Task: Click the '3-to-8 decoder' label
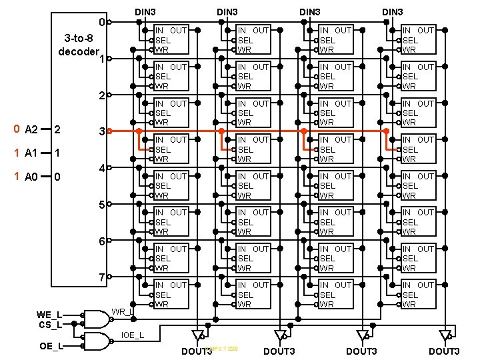click(x=79, y=44)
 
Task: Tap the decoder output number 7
click(x=101, y=277)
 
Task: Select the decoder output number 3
click(x=101, y=131)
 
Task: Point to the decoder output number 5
click(x=101, y=204)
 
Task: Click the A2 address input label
click(x=31, y=129)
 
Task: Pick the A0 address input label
click(x=31, y=177)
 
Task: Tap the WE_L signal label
click(x=49, y=314)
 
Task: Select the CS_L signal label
click(x=49, y=324)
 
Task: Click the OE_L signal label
click(x=51, y=346)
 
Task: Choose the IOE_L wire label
click(x=131, y=334)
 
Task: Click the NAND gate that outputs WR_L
click(x=95, y=319)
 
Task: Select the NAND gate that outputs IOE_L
click(x=95, y=341)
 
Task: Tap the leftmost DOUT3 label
click(x=197, y=351)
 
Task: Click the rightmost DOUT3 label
click(x=444, y=351)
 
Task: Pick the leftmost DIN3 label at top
click(x=145, y=12)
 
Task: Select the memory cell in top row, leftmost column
click(x=171, y=39)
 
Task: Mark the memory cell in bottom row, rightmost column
click(x=418, y=294)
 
